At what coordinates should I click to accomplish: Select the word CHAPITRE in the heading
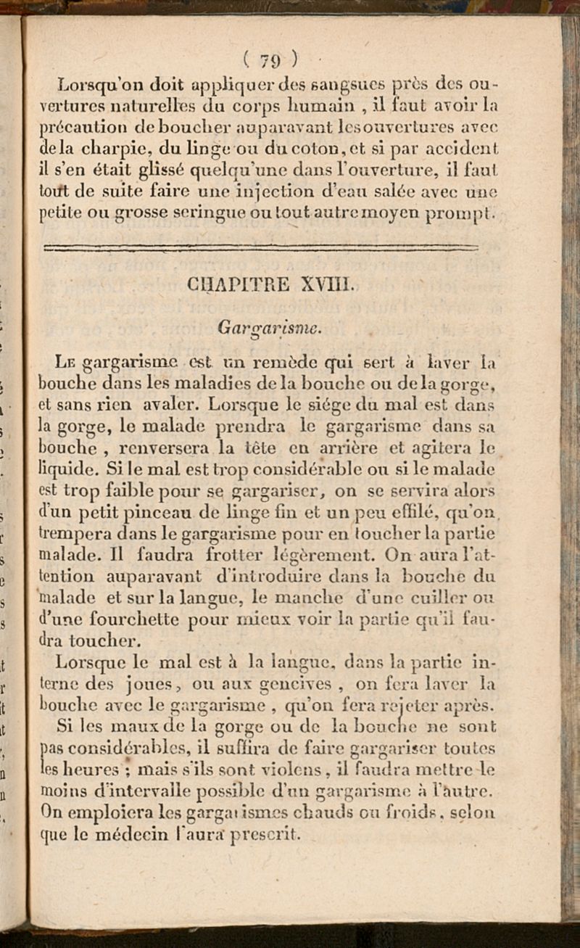click(x=228, y=284)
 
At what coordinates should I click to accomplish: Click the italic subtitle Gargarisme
click(x=270, y=328)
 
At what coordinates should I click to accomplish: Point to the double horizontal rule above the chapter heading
click(x=261, y=248)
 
